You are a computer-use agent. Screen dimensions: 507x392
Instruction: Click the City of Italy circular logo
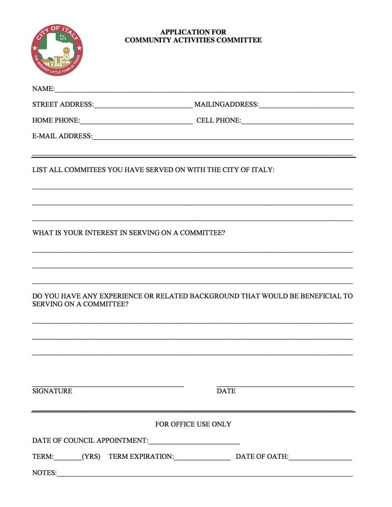pyautogui.click(x=57, y=50)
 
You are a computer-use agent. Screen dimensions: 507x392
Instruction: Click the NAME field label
pyautogui.click(x=43, y=89)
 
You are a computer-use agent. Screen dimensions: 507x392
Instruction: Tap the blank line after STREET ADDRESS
pyautogui.click(x=143, y=106)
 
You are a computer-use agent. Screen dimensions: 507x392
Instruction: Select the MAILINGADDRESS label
pyautogui.click(x=226, y=104)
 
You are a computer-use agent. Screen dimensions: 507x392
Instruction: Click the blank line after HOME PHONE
pyautogui.click(x=136, y=122)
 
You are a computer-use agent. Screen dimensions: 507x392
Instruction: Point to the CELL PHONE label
pyautogui.click(x=218, y=120)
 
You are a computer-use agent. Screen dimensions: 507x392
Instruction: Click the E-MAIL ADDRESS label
pyautogui.click(x=62, y=136)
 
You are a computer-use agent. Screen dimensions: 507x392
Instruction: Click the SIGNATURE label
pyautogui.click(x=52, y=391)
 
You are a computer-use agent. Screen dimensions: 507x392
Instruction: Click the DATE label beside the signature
pyautogui.click(x=226, y=391)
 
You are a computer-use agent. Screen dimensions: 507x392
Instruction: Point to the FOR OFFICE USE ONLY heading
pyautogui.click(x=193, y=424)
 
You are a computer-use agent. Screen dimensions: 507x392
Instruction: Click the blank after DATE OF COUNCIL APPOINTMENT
pyautogui.click(x=194, y=442)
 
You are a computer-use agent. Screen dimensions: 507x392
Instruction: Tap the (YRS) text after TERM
pyautogui.click(x=91, y=457)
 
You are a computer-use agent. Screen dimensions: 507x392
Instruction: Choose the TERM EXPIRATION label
pyautogui.click(x=140, y=457)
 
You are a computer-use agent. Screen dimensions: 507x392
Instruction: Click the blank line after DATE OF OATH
pyautogui.click(x=320, y=458)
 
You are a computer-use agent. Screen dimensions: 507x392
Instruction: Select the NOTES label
pyautogui.click(x=44, y=473)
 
